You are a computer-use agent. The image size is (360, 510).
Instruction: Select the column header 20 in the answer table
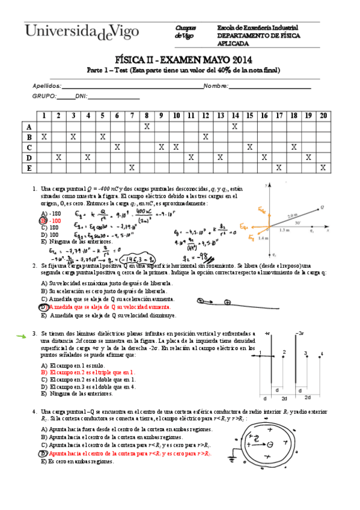(x=324, y=115)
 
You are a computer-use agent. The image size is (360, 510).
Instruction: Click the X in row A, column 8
(x=147, y=126)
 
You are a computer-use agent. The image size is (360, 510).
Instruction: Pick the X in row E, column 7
(x=132, y=167)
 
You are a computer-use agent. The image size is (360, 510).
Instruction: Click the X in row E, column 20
(x=323, y=167)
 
